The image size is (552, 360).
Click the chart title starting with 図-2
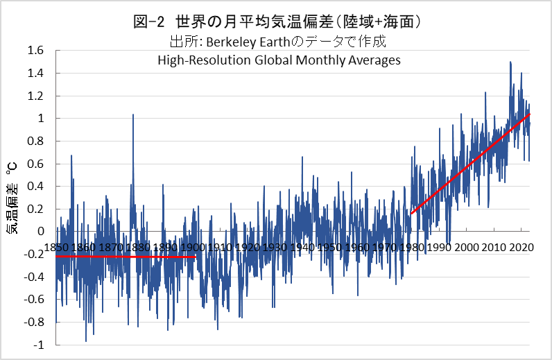pos(277,22)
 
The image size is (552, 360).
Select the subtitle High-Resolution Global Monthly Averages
pos(279,60)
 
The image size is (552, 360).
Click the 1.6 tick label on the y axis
pos(35,51)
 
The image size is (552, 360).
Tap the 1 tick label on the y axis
pos(40,119)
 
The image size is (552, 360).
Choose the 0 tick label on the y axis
pos(40,232)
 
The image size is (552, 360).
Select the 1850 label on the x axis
pos(56,248)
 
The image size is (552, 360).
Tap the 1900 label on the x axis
pos(191,248)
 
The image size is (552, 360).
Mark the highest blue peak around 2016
pos(510,64)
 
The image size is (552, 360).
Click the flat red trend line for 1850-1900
pos(125,257)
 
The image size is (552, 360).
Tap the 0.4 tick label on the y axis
pos(35,187)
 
